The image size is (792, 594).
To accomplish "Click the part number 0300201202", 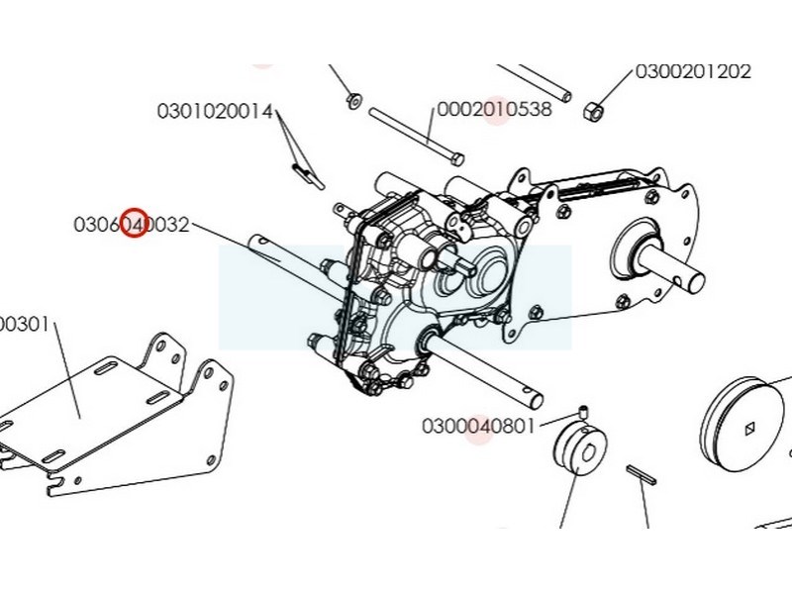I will (x=692, y=71).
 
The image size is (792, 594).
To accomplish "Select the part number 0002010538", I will (x=494, y=110).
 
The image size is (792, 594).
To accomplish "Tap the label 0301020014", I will (x=214, y=112).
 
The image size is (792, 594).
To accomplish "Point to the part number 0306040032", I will (x=131, y=225).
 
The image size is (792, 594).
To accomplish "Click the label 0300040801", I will (x=478, y=427).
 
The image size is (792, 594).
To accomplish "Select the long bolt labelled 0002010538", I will (x=416, y=135).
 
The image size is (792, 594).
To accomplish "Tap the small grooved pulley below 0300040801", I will (x=578, y=455).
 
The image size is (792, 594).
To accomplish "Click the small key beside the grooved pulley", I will (x=642, y=473).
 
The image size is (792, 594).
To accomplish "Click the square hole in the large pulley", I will (x=749, y=428).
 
